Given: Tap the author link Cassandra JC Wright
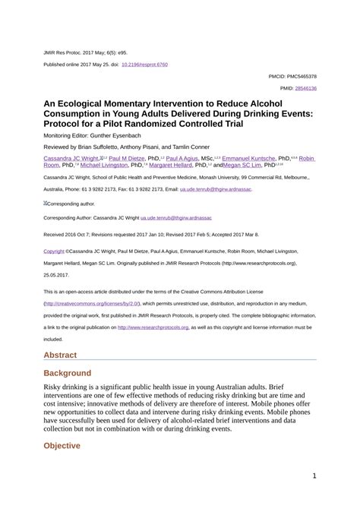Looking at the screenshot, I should point(70,160).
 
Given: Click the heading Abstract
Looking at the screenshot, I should point(62,334).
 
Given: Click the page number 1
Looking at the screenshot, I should point(314,476).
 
